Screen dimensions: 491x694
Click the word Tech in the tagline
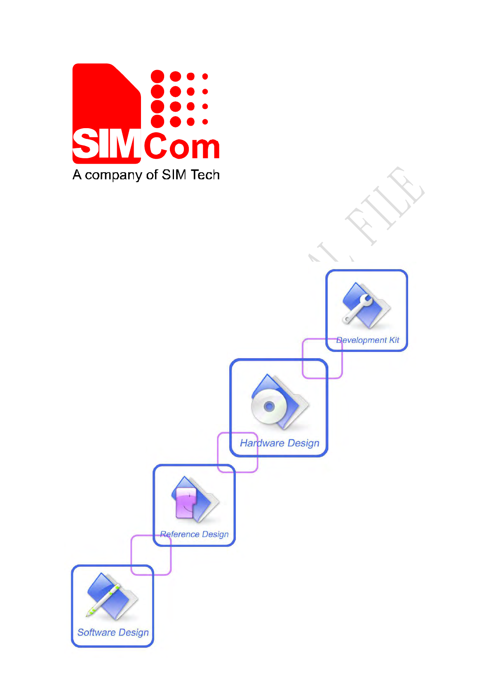coord(205,175)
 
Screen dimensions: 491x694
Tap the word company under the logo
coord(113,176)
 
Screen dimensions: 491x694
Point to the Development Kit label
coord(368,340)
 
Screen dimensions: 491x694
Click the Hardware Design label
coord(280,443)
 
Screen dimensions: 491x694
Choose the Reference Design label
coord(194,534)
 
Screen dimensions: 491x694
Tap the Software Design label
coord(113,632)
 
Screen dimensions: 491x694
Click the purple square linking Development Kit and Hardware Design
coord(322,358)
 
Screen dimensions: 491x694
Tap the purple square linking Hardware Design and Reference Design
coord(237,452)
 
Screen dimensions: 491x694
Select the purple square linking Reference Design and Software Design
coord(151,555)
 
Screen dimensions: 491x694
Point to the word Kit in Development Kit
coord(394,340)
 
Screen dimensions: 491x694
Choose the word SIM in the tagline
coord(174,175)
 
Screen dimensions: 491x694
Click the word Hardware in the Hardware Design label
coord(262,443)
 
